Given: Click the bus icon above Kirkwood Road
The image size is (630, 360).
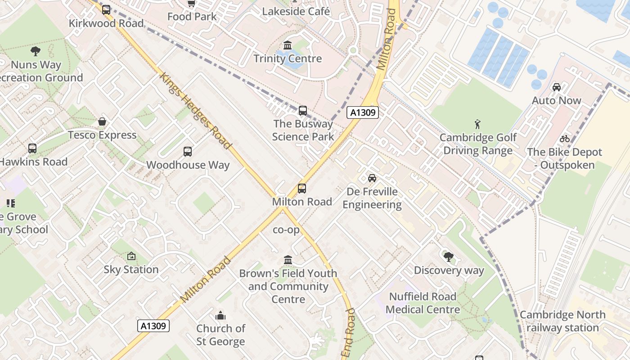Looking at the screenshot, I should pyautogui.click(x=106, y=10).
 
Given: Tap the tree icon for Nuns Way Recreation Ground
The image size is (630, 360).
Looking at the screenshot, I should pyautogui.click(x=36, y=51).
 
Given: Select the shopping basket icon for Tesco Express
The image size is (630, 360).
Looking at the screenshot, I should pyautogui.click(x=103, y=122).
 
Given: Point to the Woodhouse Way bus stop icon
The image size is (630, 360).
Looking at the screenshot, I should pyautogui.click(x=188, y=152).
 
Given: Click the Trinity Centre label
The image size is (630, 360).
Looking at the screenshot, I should pyautogui.click(x=288, y=58).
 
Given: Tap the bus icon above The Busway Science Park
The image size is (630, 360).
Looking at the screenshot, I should pyautogui.click(x=303, y=111).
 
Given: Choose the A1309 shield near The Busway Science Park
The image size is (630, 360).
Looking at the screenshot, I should pyautogui.click(x=362, y=112).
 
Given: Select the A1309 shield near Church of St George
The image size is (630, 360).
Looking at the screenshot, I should pyautogui.click(x=153, y=326).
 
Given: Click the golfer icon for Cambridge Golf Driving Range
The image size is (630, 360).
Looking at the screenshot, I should pyautogui.click(x=477, y=124).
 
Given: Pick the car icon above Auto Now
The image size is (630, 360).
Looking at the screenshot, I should pyautogui.click(x=557, y=87).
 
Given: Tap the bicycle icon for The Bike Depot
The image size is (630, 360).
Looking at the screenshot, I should pyautogui.click(x=564, y=139).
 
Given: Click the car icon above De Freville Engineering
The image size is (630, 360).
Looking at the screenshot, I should pyautogui.click(x=372, y=178).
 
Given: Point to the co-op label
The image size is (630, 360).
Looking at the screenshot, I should pyautogui.click(x=286, y=229).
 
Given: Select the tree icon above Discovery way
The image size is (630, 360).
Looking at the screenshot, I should pyautogui.click(x=448, y=257).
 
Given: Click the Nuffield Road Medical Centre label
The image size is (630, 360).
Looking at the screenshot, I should pyautogui.click(x=423, y=303).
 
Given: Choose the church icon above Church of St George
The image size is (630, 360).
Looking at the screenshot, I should pyautogui.click(x=220, y=315).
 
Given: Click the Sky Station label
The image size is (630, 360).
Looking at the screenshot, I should pyautogui.click(x=131, y=270).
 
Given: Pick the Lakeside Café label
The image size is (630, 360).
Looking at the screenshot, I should pyautogui.click(x=296, y=11).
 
